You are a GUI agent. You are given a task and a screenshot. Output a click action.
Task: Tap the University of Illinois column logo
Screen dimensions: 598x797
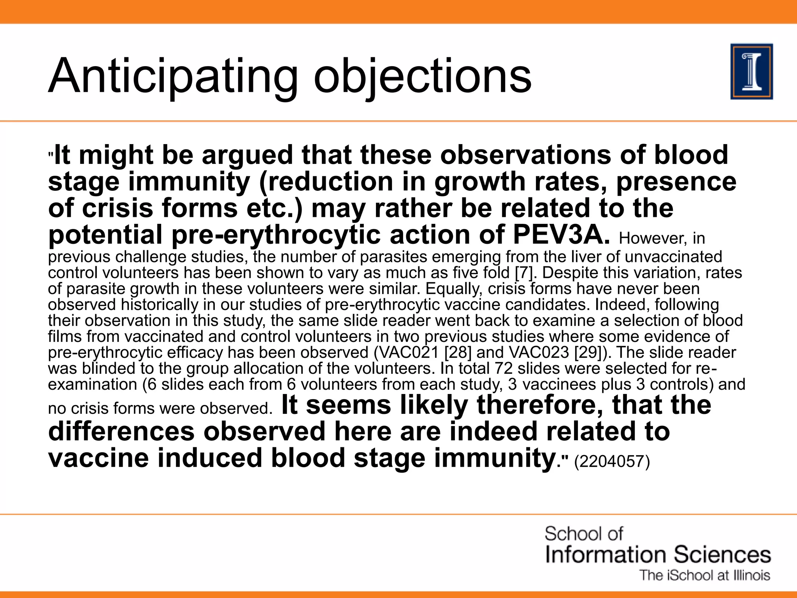click(x=751, y=72)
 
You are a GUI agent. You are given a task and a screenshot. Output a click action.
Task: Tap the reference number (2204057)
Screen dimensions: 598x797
click(x=612, y=462)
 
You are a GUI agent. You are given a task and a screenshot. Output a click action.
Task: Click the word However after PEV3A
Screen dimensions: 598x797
click(x=653, y=238)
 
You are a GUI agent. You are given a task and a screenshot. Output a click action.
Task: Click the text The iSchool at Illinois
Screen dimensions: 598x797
click(x=705, y=575)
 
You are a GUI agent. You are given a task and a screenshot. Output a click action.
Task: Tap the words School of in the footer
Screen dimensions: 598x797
click(x=583, y=534)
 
